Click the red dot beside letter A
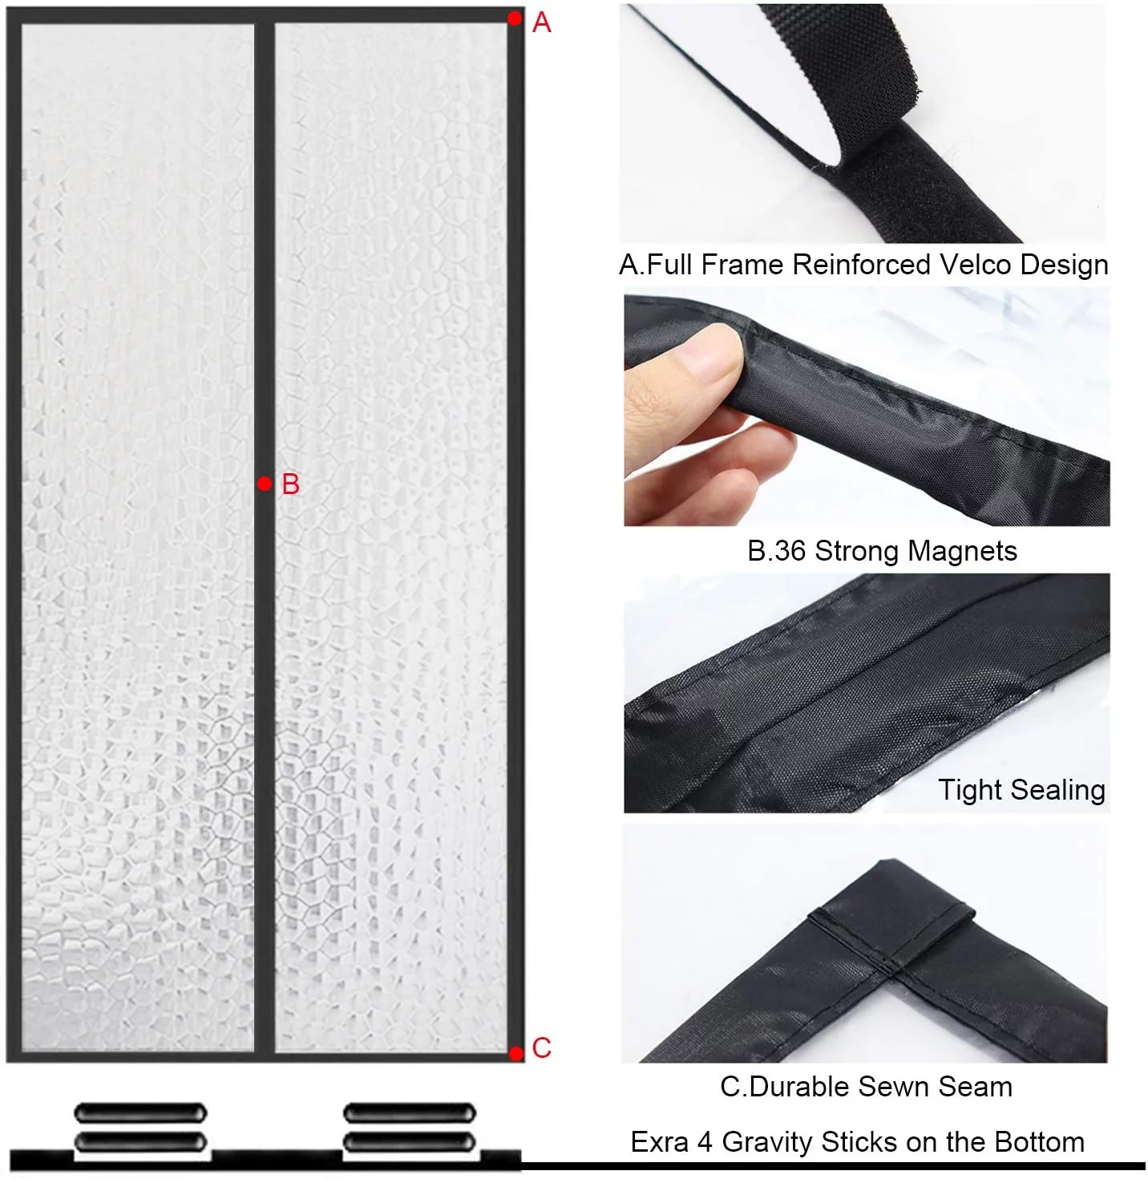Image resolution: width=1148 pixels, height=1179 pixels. [x=515, y=18]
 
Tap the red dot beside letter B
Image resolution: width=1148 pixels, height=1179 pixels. [x=265, y=484]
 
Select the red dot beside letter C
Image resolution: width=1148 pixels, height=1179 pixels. [x=516, y=1052]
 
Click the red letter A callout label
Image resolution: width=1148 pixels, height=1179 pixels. [x=542, y=22]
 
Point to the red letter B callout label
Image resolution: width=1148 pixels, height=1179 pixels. [x=290, y=484]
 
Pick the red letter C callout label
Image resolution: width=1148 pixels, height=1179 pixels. [x=542, y=1048]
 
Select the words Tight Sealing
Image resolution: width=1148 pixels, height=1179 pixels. [x=1021, y=790]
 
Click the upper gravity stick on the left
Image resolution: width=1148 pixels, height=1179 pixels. [x=140, y=1112]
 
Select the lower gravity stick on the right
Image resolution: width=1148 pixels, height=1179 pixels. [x=409, y=1141]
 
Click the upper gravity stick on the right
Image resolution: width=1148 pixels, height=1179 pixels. [x=409, y=1112]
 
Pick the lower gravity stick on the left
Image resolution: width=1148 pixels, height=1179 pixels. [x=140, y=1141]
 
